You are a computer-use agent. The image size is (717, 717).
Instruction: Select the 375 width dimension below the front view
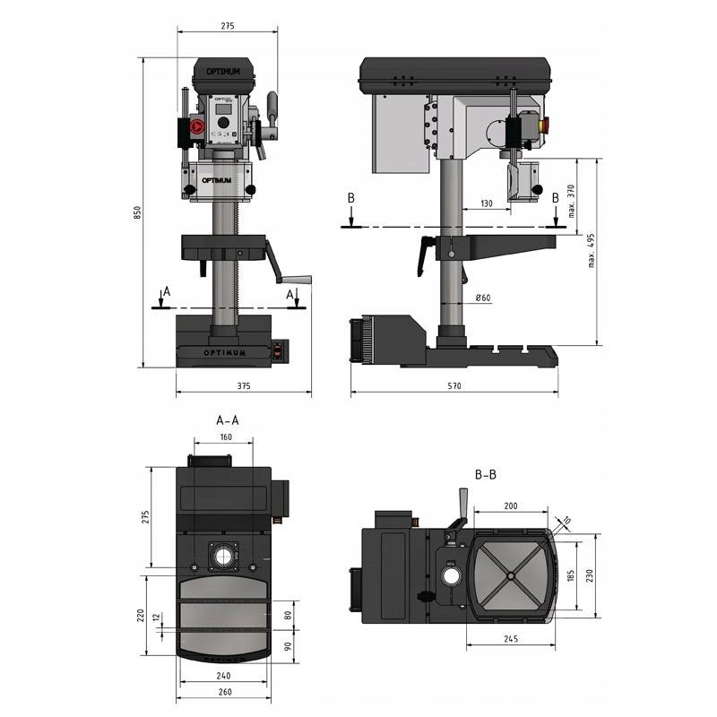pyautogui.click(x=243, y=385)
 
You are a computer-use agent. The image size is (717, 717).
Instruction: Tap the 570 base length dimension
pyautogui.click(x=454, y=385)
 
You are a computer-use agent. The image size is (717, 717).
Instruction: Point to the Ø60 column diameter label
pyautogui.click(x=481, y=298)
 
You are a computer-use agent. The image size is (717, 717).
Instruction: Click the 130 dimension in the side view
pyautogui.click(x=487, y=204)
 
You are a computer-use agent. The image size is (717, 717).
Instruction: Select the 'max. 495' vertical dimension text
pyautogui.click(x=592, y=253)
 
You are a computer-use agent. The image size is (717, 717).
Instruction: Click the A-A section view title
pyautogui.click(x=228, y=419)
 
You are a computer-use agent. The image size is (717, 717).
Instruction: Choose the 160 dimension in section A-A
pyautogui.click(x=225, y=437)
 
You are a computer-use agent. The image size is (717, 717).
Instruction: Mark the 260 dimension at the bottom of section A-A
pyautogui.click(x=224, y=692)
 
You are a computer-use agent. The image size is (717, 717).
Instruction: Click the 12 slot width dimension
pyautogui.click(x=158, y=617)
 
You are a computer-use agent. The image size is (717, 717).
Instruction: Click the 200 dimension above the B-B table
pyautogui.click(x=510, y=506)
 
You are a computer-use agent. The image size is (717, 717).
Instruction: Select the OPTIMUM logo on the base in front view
pyautogui.click(x=223, y=351)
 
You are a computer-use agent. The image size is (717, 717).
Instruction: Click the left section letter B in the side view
pyautogui.click(x=351, y=197)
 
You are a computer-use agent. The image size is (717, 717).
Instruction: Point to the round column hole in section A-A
pyautogui.click(x=221, y=557)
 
